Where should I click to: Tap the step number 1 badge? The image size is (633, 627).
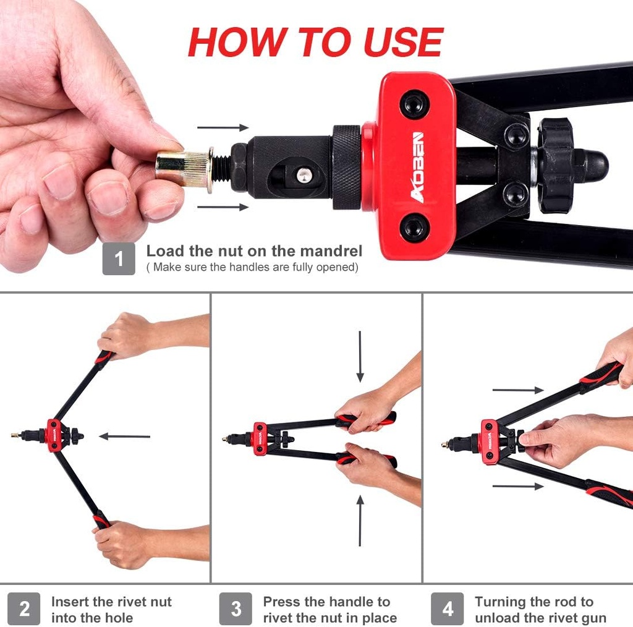pos(119,259)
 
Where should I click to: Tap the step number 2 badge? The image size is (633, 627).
pos(24,609)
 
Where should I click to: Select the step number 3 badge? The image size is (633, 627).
pos(236,609)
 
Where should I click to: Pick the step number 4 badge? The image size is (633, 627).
pos(448,609)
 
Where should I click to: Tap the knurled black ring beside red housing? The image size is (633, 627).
pos(346,167)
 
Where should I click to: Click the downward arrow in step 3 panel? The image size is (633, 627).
pos(360,357)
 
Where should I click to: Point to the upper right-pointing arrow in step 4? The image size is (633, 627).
pos(518,390)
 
